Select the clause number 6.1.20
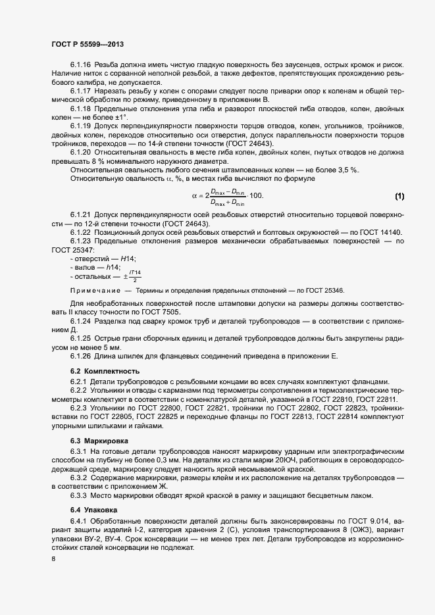(81, 153)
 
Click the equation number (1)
(399, 196)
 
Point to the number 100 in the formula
(256, 196)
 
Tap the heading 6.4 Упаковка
(95, 509)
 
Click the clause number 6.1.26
(81, 355)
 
